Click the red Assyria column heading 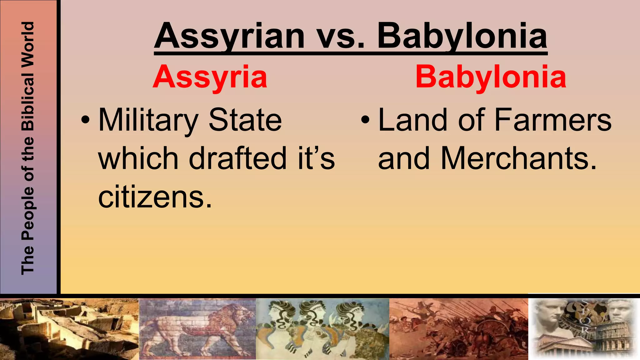point(210,77)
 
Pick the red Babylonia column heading point(491,77)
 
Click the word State point(245,120)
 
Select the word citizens point(155,197)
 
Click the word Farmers point(553,120)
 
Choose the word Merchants point(519,158)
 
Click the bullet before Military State point(85,120)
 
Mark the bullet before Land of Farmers point(365,120)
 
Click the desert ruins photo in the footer point(69,329)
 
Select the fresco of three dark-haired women point(322,329)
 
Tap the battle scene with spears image point(458,329)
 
